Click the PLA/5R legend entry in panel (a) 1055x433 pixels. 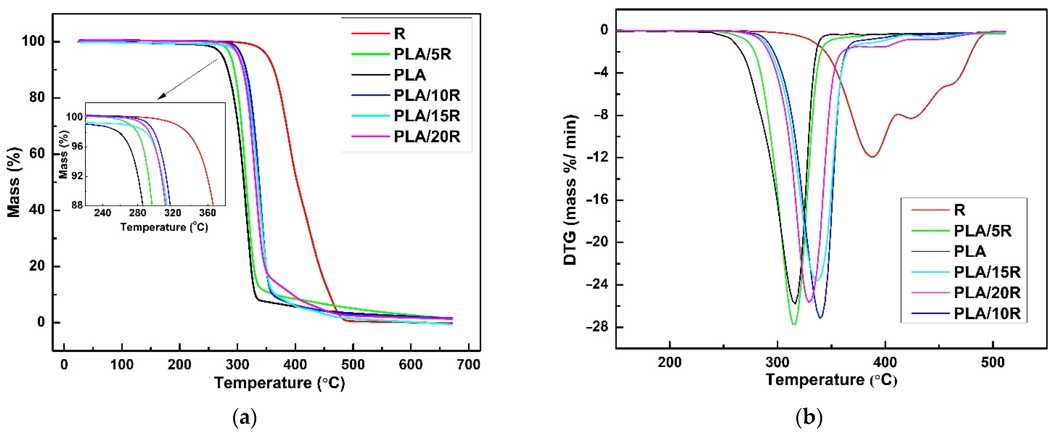422,54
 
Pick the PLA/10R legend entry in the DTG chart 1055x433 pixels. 987,313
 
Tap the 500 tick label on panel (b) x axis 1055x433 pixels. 993,362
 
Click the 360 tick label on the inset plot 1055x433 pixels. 207,213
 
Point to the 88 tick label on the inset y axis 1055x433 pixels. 77,205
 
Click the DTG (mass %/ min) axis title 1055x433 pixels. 570,190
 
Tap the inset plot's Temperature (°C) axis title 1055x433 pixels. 164,227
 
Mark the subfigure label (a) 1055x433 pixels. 245,418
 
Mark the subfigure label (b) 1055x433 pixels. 809,418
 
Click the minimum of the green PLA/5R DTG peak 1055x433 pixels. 794,324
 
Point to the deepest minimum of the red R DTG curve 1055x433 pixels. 872,157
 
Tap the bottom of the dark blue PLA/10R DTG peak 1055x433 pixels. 820,318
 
